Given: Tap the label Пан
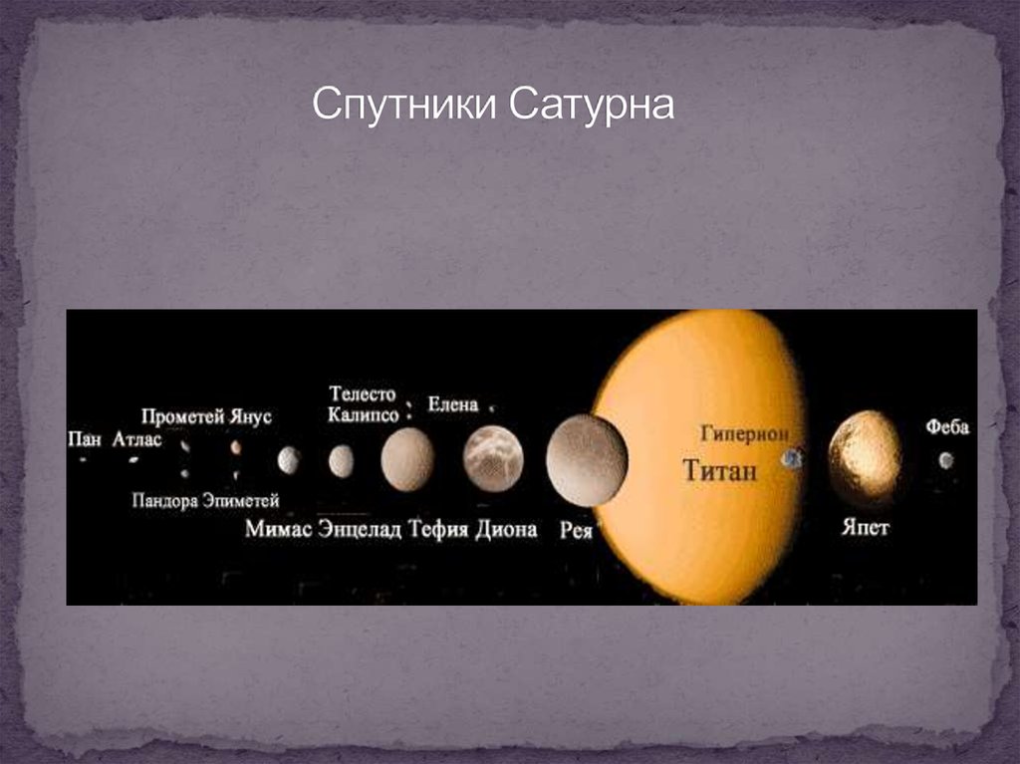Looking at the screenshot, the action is (85, 439).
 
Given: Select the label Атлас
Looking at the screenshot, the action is (136, 439).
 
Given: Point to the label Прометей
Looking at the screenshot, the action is (183, 417).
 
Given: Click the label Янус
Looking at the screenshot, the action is (250, 417).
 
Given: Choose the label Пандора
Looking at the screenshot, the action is (165, 500).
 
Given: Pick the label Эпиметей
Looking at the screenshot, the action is (241, 500).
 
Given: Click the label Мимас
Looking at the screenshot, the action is (279, 528).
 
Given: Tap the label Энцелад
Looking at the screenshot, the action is (360, 528).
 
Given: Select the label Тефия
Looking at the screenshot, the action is (438, 528).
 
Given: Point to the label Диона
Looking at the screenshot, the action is (506, 528).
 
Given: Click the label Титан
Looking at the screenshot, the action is (720, 469).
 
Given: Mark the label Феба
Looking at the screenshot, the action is (947, 427).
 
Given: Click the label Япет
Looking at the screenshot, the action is (866, 527).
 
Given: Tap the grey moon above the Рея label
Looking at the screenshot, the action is (587, 460).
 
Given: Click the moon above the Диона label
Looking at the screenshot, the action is (493, 458).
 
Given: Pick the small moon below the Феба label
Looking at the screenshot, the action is (946, 461).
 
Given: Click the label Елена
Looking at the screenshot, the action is (453, 404).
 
